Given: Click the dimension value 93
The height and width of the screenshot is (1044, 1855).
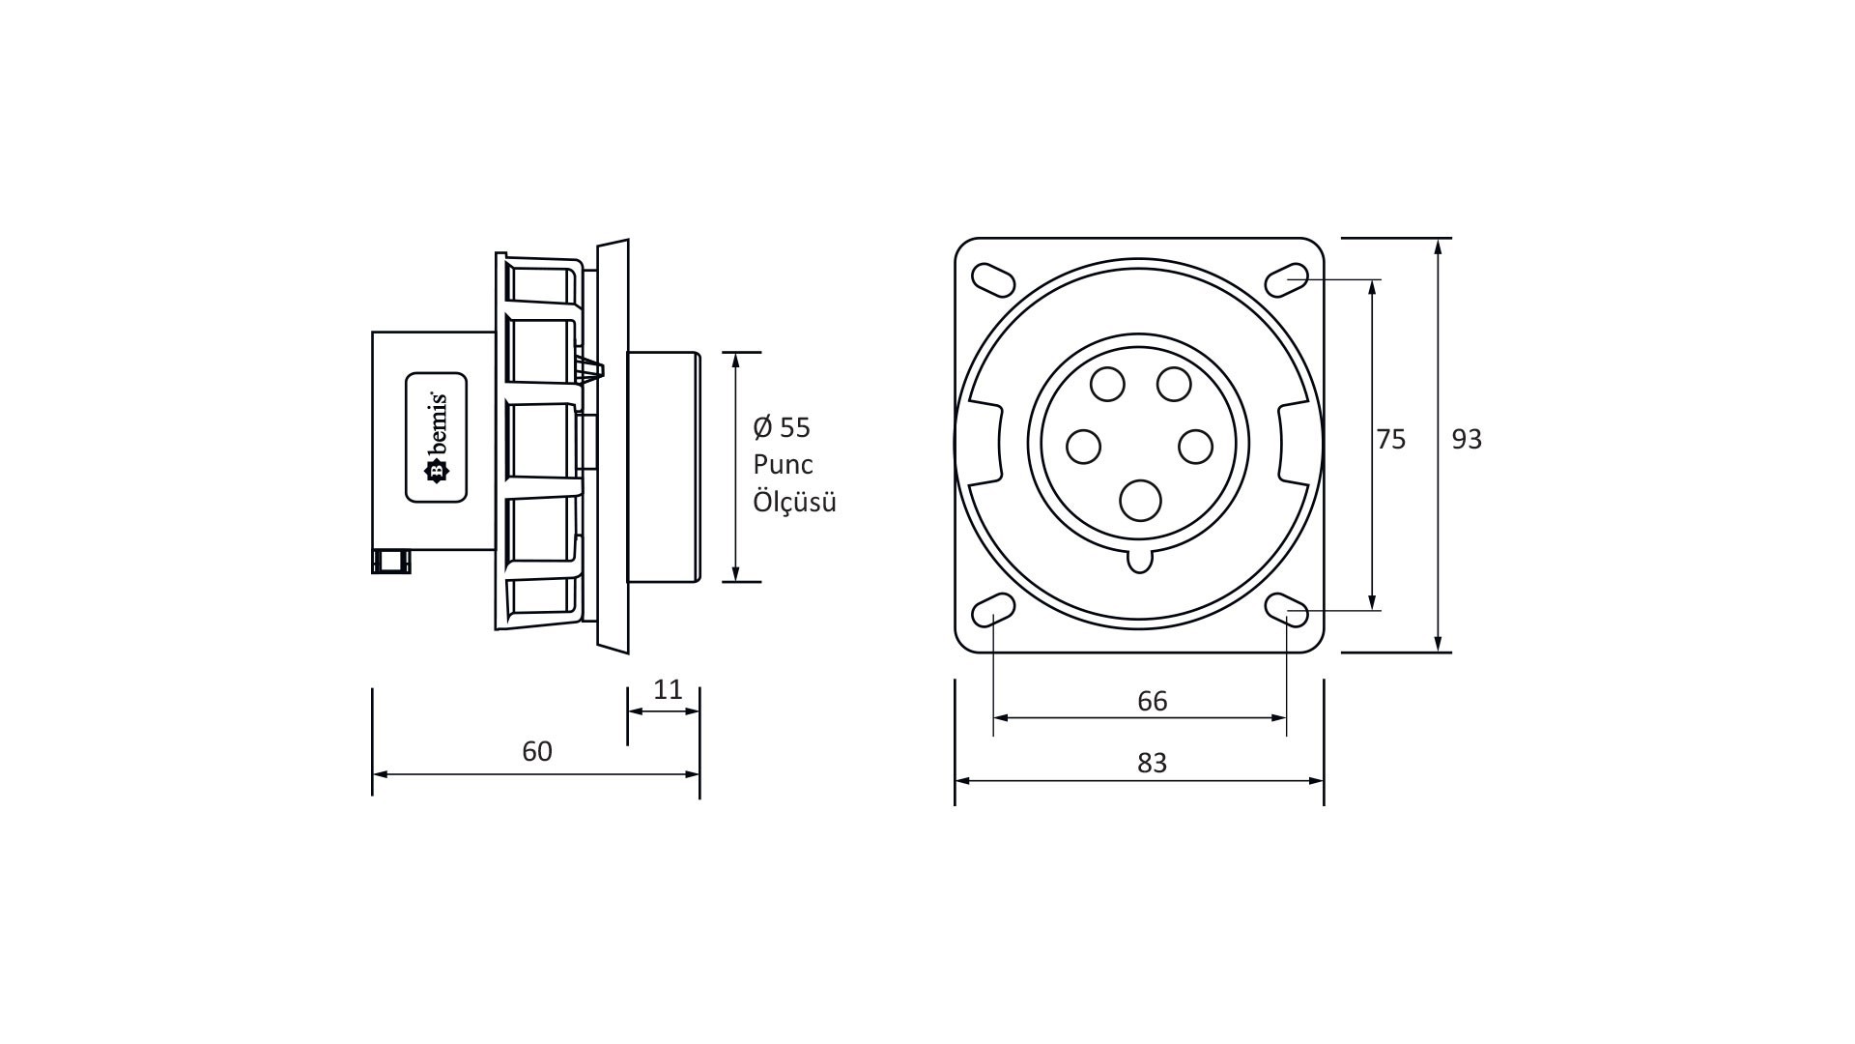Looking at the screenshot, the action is [1467, 440].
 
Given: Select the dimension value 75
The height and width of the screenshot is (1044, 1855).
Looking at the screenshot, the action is [1391, 440].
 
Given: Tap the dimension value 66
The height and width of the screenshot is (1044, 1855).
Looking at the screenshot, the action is [1153, 701].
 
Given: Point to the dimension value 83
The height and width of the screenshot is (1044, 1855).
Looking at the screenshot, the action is [1153, 764].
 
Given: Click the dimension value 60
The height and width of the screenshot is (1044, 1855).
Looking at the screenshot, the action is [537, 751].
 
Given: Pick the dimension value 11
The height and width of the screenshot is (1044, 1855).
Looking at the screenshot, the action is [669, 689].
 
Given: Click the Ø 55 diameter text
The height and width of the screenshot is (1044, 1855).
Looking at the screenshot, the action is [782, 427].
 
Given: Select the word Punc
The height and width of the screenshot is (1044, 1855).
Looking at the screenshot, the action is [784, 465].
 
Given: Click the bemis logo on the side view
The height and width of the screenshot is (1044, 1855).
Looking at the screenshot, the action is [436, 437].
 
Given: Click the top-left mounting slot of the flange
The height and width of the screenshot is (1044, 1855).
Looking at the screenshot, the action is [992, 278].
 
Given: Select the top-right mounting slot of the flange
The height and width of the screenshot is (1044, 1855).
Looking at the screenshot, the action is [1287, 278].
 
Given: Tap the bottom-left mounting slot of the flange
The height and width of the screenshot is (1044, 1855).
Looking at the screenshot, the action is [992, 611].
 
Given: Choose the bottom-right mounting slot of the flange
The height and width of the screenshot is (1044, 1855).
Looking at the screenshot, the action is [1287, 611].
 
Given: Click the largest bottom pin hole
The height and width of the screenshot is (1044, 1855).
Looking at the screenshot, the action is [1140, 501].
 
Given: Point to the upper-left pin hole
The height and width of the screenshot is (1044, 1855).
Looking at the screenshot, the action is [1107, 385].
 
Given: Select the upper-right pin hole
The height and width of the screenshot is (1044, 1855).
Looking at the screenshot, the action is [1174, 385].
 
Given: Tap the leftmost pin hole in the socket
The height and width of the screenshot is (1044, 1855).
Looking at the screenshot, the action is [1084, 447].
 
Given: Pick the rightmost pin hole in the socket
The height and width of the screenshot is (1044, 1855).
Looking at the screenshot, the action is [1196, 447].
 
